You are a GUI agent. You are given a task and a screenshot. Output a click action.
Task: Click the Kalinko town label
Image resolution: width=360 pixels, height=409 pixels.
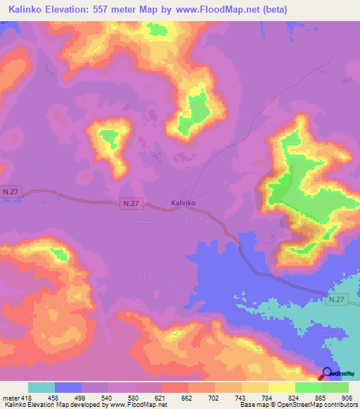coord(183,203)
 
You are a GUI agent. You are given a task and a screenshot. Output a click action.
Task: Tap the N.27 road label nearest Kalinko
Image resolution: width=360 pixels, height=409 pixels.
coord(132,204)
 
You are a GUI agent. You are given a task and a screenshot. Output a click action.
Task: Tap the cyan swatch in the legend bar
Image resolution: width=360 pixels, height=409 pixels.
coord(41,387)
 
